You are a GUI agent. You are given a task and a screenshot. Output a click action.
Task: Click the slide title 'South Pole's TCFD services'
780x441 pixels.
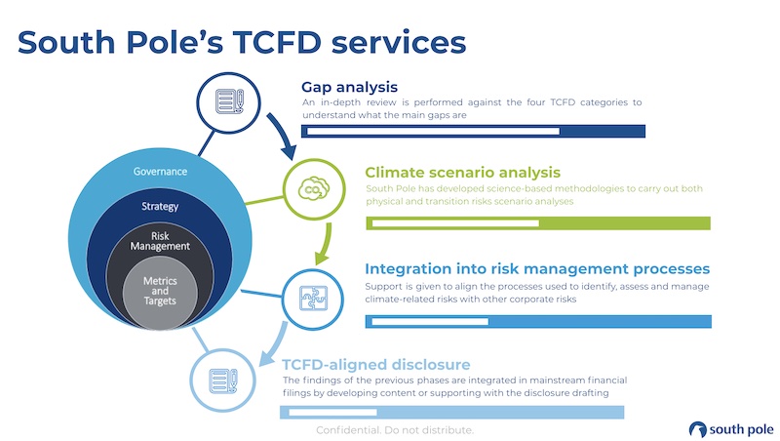coord(241,42)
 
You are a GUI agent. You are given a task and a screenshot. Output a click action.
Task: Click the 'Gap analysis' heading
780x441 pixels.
coord(349,87)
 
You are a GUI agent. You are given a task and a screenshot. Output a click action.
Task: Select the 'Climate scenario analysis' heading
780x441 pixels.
coord(462,172)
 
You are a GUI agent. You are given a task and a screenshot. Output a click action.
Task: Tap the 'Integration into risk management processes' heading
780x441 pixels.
coord(536,268)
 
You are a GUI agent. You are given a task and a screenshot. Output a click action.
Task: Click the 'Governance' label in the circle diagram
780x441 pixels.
coord(161,172)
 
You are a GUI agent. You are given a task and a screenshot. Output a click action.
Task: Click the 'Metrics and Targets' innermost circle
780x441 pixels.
coord(161,290)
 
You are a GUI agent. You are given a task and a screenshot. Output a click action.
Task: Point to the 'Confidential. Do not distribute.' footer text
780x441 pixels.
coord(395,430)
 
